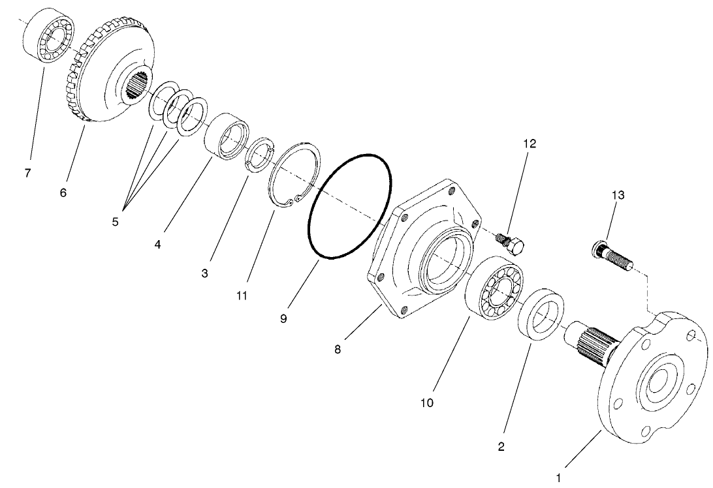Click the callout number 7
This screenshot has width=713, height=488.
[27, 174]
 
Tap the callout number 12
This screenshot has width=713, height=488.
[529, 144]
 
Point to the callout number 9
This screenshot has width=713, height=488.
[283, 320]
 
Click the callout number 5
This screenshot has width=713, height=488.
[115, 221]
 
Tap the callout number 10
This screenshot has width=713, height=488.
[426, 403]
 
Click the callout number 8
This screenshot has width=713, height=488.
[337, 349]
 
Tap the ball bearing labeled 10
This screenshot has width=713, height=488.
[494, 292]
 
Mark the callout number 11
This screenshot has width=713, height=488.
[242, 296]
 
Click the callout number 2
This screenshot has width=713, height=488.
[501, 447]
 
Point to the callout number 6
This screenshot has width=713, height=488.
[63, 193]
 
